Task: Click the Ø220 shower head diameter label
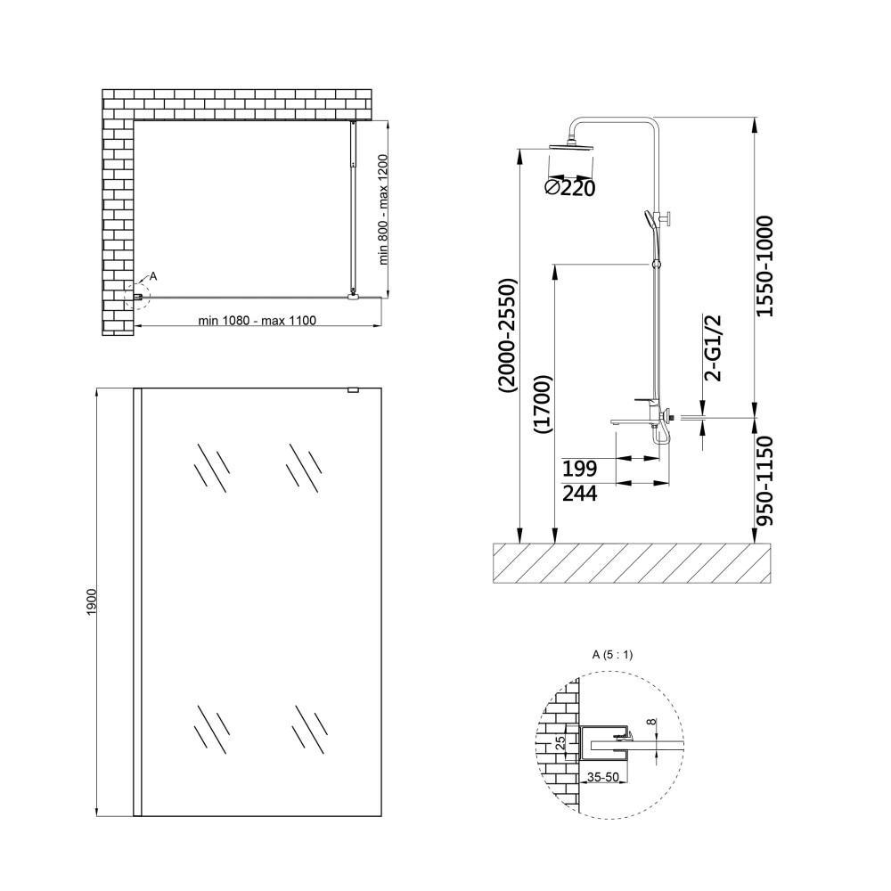click(570, 187)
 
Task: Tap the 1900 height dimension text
click(93, 600)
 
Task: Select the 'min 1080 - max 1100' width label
click(257, 321)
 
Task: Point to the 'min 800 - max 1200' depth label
click(383, 209)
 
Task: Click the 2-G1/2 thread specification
click(712, 347)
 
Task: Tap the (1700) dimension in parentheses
click(544, 405)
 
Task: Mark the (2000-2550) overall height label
click(507, 335)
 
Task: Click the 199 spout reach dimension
click(580, 469)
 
